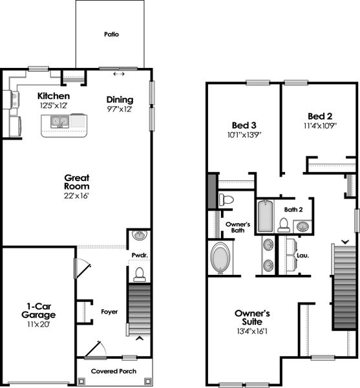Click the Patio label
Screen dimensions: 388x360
[x=114, y=34]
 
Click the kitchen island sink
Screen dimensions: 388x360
[x=59, y=121]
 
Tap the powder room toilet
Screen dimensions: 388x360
[x=139, y=274]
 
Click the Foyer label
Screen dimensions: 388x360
[x=109, y=311]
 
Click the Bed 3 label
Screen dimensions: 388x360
[x=244, y=125]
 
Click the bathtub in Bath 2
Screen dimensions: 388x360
[x=266, y=217]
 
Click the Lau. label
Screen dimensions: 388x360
[x=302, y=255]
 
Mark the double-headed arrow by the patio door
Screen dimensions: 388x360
[x=119, y=74]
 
